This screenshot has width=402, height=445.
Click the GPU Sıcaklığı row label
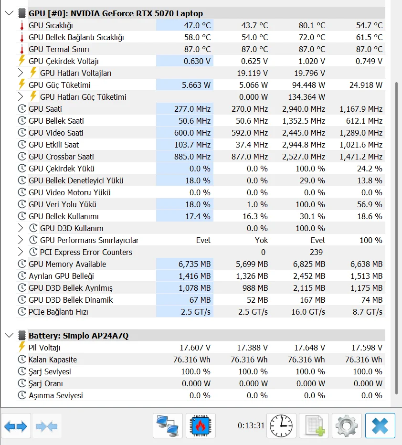[51, 25]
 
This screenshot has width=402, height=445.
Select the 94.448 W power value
[308, 85]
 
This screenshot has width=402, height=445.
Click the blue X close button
[380, 425]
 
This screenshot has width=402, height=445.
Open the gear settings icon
[347, 425]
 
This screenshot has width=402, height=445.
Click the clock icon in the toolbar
[281, 425]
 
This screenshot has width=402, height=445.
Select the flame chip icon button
[201, 425]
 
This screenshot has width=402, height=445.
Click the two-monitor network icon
[168, 425]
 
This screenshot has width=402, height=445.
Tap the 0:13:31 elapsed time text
[251, 425]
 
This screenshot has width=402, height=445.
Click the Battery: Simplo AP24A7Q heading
[78, 336]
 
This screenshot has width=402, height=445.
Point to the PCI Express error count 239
[316, 252]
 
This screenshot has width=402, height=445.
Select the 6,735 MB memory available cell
[194, 264]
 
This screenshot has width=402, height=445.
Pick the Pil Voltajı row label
[44, 348]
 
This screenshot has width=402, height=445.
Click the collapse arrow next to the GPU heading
[9, 13]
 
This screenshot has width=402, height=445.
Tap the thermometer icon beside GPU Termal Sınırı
[21, 49]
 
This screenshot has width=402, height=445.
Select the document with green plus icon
[314, 425]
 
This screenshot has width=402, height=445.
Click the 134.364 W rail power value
[307, 97]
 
